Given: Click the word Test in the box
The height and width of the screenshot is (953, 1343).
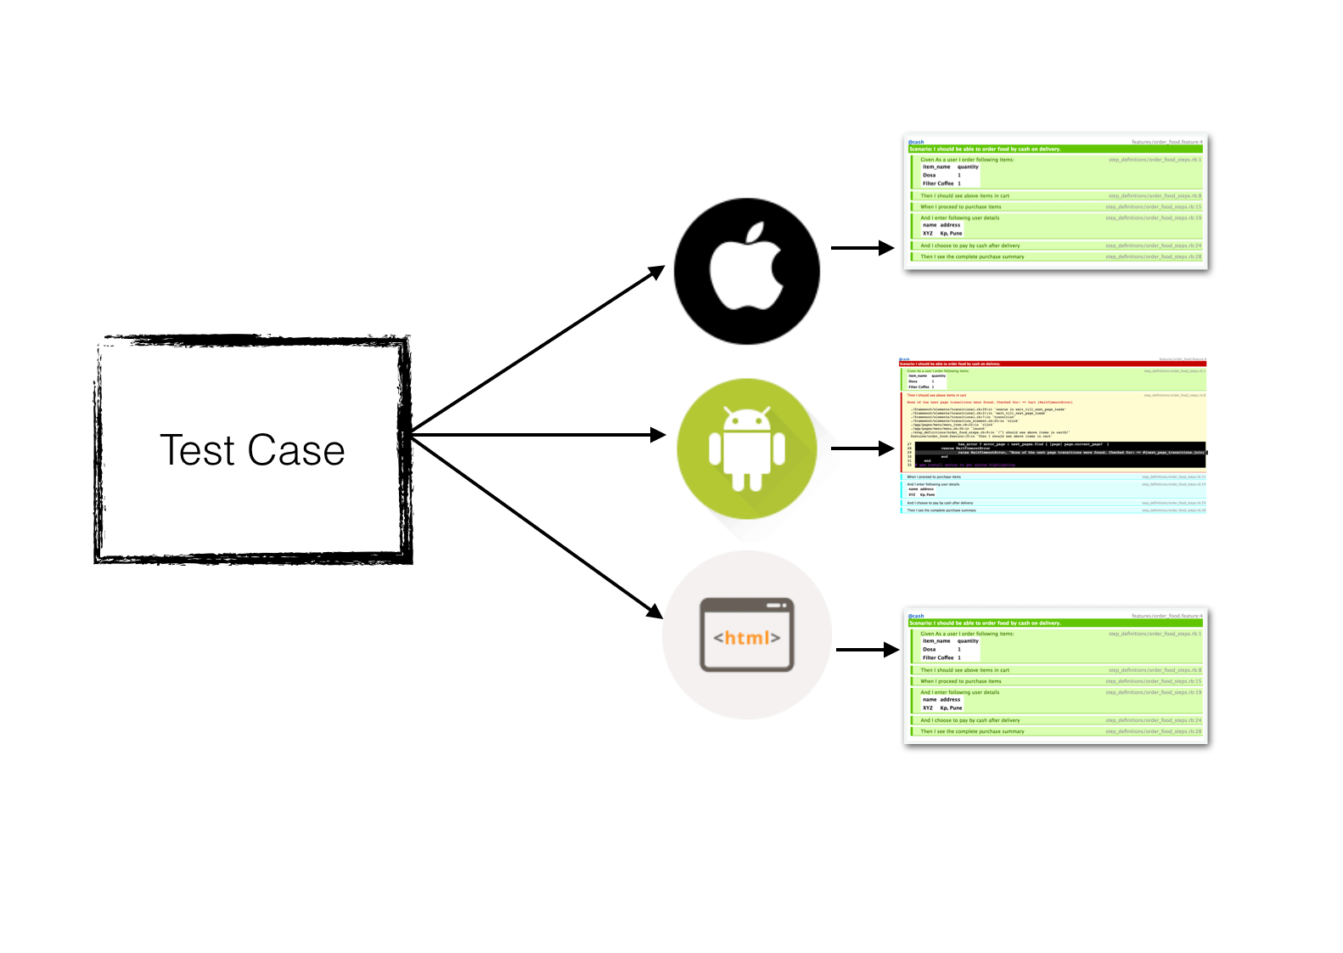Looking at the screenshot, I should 197,450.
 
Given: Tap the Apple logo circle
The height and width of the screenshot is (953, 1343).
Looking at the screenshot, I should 747,271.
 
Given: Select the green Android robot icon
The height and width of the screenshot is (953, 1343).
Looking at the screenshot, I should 747,448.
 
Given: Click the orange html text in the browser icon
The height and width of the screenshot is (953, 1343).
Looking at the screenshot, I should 747,637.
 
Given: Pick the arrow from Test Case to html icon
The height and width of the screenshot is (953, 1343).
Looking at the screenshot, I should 535,526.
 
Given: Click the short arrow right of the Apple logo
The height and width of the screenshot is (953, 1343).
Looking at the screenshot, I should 861,248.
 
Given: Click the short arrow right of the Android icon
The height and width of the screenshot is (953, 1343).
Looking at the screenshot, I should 861,448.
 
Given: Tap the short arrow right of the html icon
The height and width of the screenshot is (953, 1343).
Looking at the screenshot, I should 866,650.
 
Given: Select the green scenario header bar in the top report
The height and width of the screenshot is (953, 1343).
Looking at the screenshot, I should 1054,149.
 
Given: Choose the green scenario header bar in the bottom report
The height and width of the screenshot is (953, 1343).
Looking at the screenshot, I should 1054,623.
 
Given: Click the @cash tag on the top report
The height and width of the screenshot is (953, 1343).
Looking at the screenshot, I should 916,142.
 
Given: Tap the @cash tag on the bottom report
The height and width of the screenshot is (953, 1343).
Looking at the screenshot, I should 916,616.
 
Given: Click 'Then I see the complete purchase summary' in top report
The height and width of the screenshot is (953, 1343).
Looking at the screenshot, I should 972,257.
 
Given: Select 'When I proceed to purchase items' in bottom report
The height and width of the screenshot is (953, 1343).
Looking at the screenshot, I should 961,681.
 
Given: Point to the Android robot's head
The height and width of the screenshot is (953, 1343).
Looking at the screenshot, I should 747,420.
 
